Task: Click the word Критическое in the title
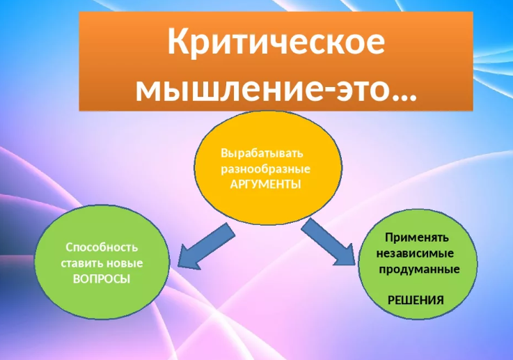pyautogui.click(x=276, y=42)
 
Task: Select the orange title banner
pyautogui.click(x=276, y=61)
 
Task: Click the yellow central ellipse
pyautogui.click(x=268, y=168)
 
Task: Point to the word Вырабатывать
pyautogui.click(x=262, y=153)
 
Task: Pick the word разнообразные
pyautogui.click(x=265, y=169)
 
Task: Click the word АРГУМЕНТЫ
pyautogui.click(x=265, y=185)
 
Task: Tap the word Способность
pyautogui.click(x=102, y=247)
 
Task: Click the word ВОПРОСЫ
pyautogui.click(x=102, y=279)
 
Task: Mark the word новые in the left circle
pyautogui.click(x=125, y=263)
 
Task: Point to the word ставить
pyautogui.click(x=83, y=263)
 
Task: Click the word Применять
pyautogui.click(x=417, y=237)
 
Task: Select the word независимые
pyautogui.click(x=415, y=253)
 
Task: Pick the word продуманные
pyautogui.click(x=419, y=269)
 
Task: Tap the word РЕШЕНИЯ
pyautogui.click(x=416, y=300)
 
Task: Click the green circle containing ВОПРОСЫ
pyautogui.click(x=102, y=263)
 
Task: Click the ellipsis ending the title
pyautogui.click(x=404, y=97)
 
